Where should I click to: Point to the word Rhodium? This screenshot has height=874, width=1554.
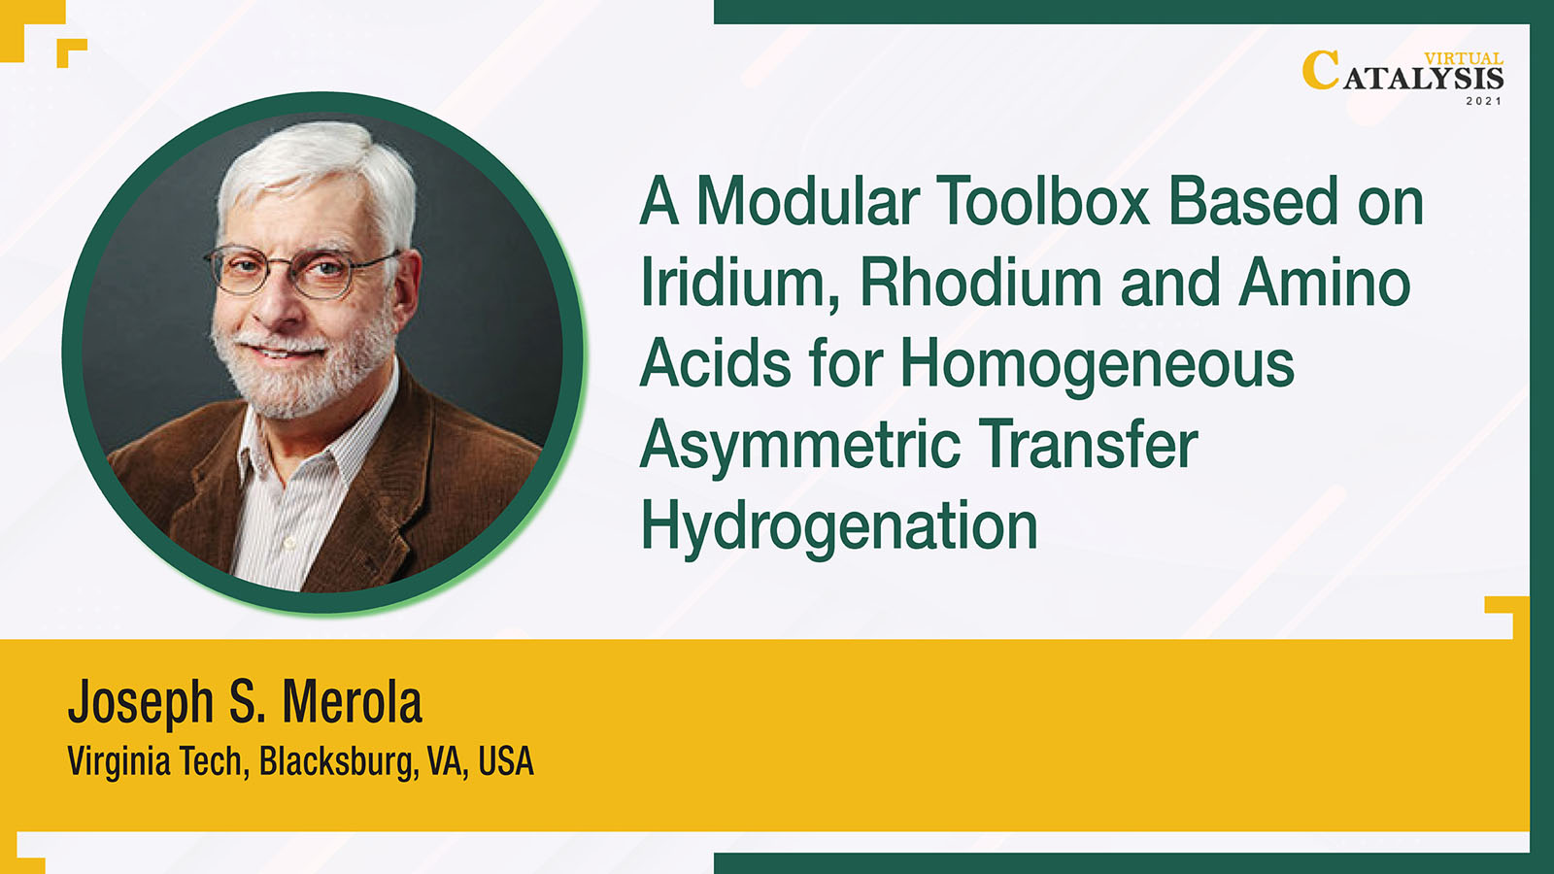click(x=981, y=282)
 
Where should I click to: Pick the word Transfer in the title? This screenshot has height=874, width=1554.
click(x=1088, y=444)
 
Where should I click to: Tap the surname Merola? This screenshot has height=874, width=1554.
click(x=352, y=702)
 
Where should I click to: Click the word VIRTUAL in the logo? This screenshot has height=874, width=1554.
click(x=1464, y=59)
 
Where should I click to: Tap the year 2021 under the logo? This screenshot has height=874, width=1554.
click(x=1484, y=101)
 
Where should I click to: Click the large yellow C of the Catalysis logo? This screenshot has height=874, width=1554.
click(x=1321, y=70)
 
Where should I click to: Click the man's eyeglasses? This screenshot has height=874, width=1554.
click(x=302, y=271)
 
